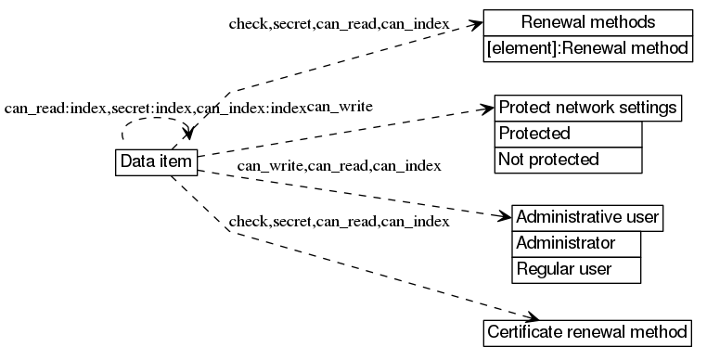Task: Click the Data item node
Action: (156, 161)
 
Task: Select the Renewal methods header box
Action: (588, 22)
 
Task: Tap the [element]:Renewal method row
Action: (588, 48)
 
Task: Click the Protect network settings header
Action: (588, 108)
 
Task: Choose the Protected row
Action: (568, 134)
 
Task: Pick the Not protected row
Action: (568, 160)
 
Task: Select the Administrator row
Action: (576, 244)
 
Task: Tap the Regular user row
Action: (576, 270)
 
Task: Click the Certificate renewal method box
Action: (588, 332)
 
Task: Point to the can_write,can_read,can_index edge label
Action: (339, 166)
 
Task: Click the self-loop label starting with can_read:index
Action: (155, 109)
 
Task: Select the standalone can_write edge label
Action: (341, 107)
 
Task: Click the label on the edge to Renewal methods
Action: (340, 23)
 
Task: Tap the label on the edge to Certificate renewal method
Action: (340, 222)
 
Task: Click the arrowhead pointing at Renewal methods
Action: (477, 24)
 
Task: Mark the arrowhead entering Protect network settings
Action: (487, 109)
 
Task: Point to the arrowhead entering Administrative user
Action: (504, 218)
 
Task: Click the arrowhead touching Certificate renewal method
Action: (530, 318)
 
